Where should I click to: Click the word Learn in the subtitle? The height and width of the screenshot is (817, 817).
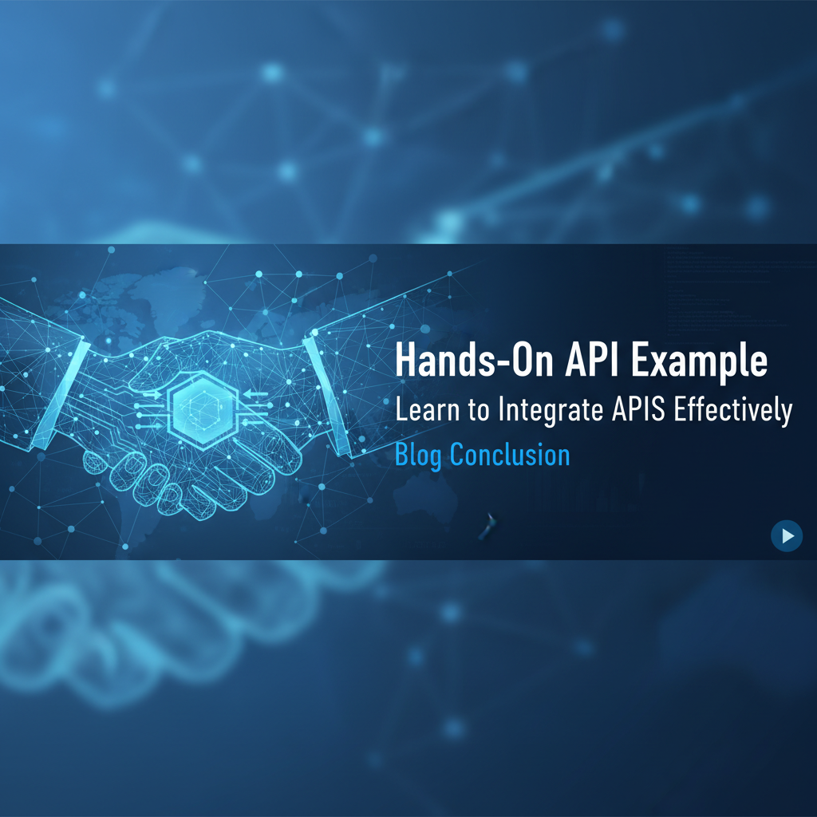tap(424, 410)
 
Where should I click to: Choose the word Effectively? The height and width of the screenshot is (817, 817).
tap(733, 411)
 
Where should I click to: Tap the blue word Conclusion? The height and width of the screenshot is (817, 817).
tap(510, 455)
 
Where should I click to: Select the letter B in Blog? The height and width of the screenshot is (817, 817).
tap(402, 455)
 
